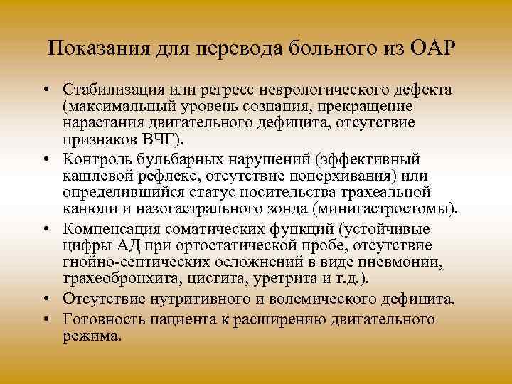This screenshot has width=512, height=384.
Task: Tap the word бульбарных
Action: tap(181, 159)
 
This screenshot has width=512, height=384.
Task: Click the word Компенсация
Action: tap(108, 229)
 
